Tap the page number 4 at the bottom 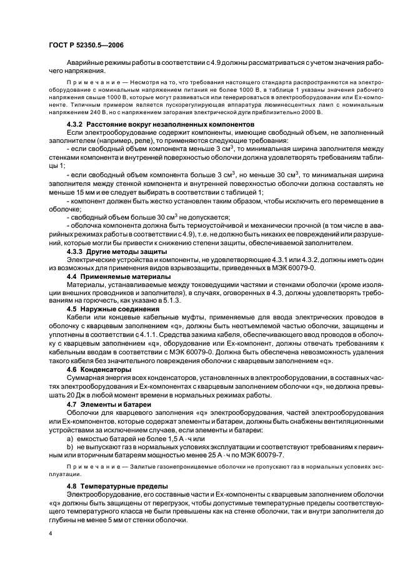50,534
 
